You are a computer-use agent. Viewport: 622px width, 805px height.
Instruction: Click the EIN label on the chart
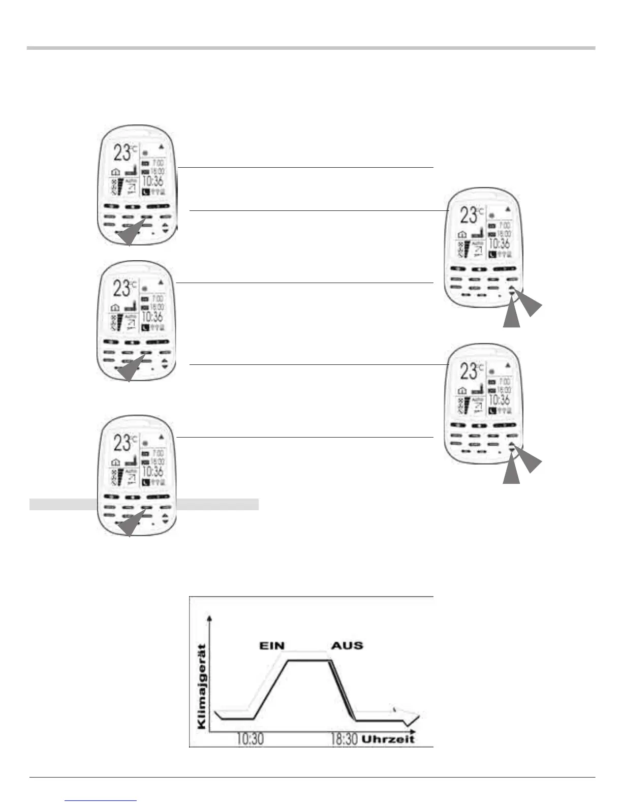(272, 646)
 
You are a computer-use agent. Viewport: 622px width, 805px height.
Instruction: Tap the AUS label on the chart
(347, 646)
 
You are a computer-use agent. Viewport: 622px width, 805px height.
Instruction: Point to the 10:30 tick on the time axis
(250, 738)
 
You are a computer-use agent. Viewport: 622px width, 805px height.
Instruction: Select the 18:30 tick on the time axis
(344, 738)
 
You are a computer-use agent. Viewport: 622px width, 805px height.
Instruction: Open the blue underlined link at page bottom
(101, 800)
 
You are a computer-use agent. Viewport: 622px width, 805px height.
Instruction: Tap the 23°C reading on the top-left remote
(125, 152)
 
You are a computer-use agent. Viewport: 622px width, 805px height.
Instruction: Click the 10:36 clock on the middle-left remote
(152, 317)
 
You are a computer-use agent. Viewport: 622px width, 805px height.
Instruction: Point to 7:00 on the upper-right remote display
(505, 225)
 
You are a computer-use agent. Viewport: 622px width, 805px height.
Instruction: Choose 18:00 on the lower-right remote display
(505, 390)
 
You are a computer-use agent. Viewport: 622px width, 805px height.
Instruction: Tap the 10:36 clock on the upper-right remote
(500, 243)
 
